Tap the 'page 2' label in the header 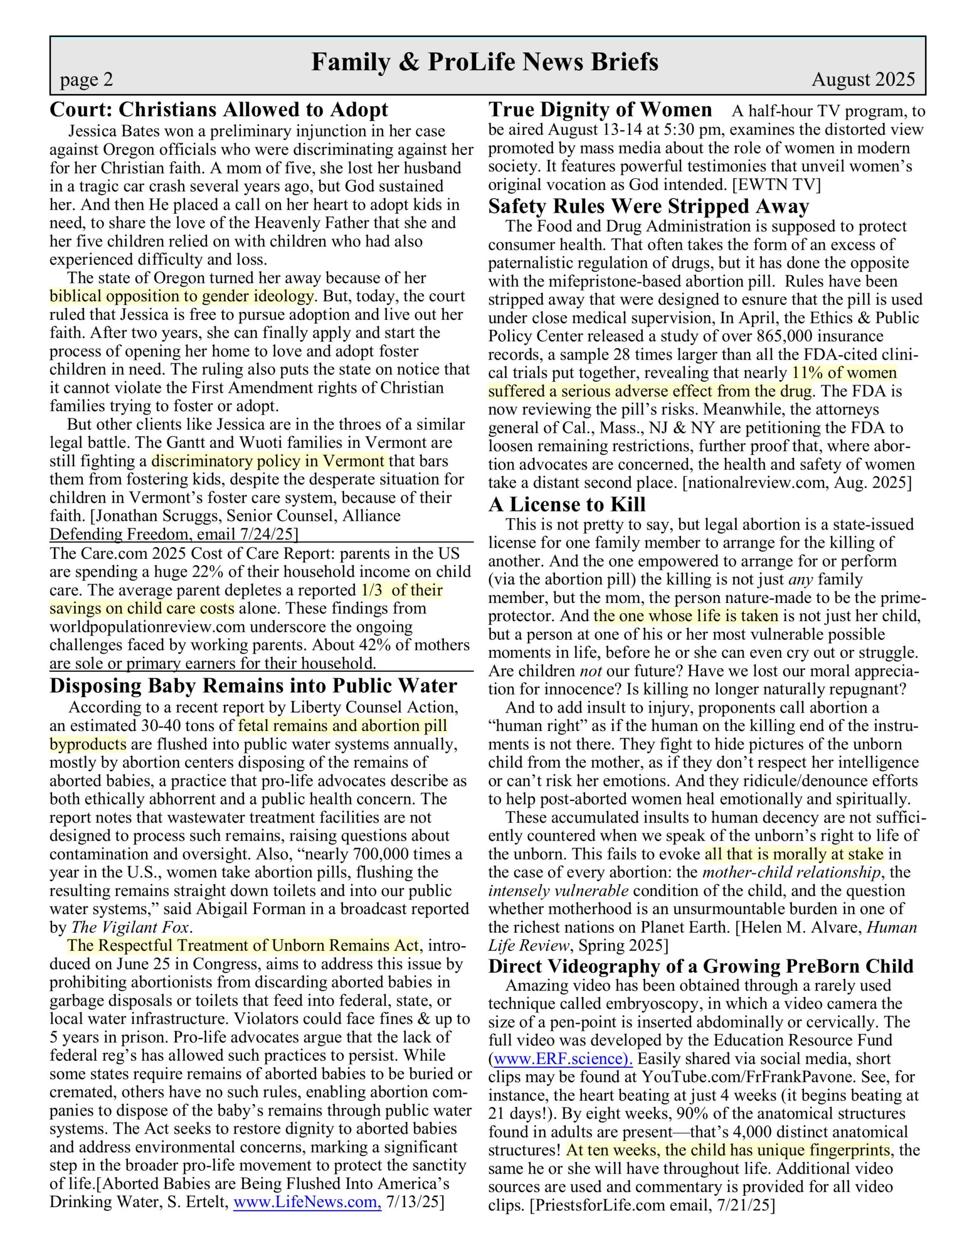[87, 79]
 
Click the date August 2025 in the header [863, 79]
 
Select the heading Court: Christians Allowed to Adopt [219, 109]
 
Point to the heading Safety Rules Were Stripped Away [648, 206]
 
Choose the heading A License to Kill [567, 504]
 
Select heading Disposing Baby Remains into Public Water [253, 685]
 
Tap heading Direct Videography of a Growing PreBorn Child [701, 966]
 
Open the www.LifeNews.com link [307, 1202]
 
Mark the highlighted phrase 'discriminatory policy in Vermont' [268, 460]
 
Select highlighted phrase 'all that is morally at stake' [794, 854]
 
